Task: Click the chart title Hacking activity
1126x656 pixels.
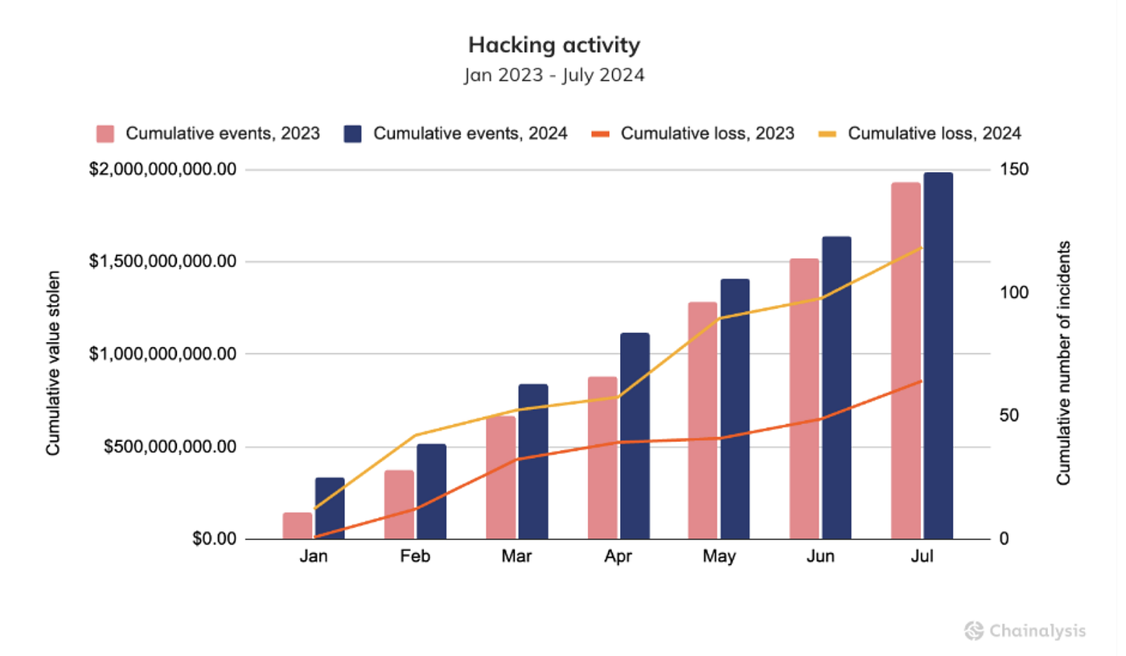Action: point(554,45)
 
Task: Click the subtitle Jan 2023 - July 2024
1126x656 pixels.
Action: point(554,76)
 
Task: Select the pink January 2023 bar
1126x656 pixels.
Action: point(297,526)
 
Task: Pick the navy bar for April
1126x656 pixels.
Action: point(634,435)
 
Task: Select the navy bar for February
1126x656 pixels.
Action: point(431,491)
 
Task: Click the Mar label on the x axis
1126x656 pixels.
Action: point(516,557)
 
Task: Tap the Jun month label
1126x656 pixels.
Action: point(820,557)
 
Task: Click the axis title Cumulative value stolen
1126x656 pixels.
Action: point(54,362)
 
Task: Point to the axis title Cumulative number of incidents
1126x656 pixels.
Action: point(1063,362)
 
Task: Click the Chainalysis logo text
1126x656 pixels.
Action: point(1038,630)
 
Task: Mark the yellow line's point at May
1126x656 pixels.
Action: point(719,319)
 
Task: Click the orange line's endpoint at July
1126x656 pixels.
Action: point(922,381)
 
